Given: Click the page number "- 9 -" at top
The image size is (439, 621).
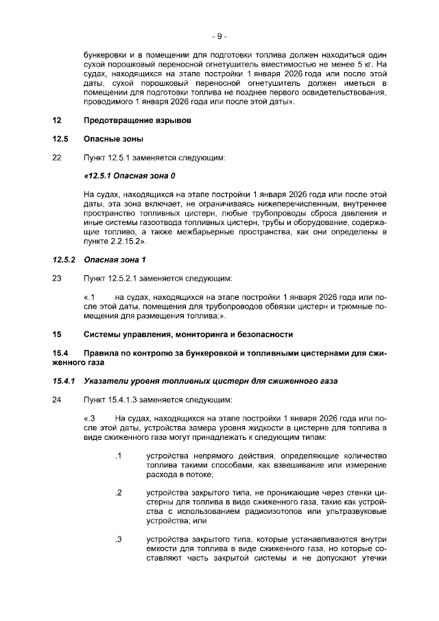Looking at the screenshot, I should [219, 35].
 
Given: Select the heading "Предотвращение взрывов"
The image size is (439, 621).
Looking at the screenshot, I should [137, 120].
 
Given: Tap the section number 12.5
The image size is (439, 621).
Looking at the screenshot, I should [60, 139].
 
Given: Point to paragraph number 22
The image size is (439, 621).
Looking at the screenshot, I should [57, 158].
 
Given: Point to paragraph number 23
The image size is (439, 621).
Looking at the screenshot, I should [57, 279].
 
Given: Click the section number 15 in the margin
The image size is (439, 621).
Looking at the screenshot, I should [57, 334].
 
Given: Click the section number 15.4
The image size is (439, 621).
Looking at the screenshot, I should [60, 353].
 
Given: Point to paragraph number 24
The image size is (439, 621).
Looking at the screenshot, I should [57, 399].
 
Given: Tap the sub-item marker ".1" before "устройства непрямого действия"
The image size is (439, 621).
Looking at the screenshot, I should [118, 456].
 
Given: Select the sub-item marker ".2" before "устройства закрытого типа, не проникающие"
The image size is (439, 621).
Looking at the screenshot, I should [118, 493].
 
